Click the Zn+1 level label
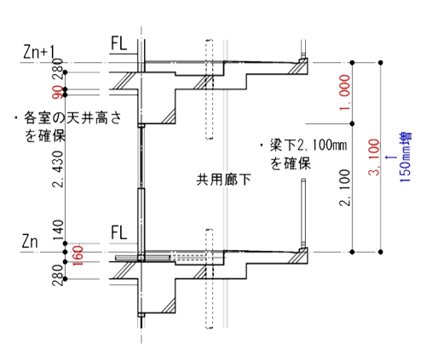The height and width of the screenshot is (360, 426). coord(39,52)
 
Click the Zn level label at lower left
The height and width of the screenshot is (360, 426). coord(30,242)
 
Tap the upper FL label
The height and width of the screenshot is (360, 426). coord(118,43)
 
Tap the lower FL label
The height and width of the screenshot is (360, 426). coord(118,232)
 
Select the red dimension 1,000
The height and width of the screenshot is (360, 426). coord(345,93)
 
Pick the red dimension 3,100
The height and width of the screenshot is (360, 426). coord(374,157)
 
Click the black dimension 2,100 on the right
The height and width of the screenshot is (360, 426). coord(345,187)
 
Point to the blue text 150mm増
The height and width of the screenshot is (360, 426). coord(406,157)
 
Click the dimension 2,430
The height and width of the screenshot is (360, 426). coord(58,169)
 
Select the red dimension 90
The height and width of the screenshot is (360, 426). coord(58,92)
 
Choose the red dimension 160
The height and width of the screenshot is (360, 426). coord(78,255)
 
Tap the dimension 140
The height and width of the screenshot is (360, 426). coord(58,230)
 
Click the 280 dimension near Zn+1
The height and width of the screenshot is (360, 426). coord(58,68)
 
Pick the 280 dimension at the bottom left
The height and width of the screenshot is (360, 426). coord(58,275)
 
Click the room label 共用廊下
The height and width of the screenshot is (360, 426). coord(224,180)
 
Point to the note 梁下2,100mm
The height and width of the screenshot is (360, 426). coord(308,146)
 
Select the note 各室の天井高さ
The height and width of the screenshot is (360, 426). coord(72,117)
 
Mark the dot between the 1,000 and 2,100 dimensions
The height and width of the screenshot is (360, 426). coord(353,123)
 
